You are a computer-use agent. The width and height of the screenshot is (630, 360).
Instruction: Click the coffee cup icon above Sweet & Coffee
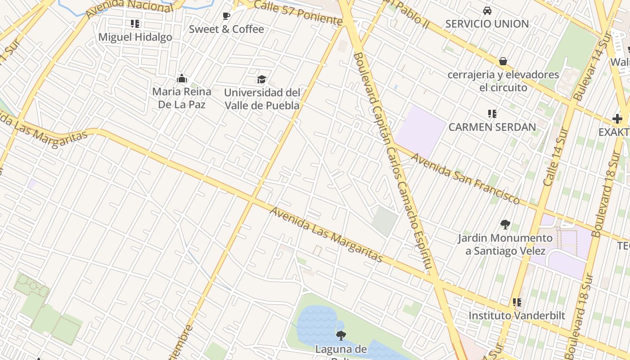point(226,16)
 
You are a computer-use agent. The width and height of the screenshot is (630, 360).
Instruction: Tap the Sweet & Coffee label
point(226,29)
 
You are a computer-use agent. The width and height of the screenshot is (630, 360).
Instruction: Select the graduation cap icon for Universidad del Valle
point(261,80)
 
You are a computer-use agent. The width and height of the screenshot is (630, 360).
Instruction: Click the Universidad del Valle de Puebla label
point(262,99)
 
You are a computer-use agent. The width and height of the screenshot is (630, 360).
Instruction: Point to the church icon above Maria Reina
point(182,79)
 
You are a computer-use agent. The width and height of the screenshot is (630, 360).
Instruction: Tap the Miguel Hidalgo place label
point(135,37)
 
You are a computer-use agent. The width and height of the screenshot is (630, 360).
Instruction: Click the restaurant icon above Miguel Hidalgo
point(135,23)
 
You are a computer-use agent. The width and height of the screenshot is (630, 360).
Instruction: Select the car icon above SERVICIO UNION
point(487,11)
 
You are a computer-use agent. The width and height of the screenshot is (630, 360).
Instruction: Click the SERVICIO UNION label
point(487,24)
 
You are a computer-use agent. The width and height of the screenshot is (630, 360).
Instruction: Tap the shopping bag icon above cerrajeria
point(503,61)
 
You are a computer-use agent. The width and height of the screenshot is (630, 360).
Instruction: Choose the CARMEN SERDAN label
point(492,127)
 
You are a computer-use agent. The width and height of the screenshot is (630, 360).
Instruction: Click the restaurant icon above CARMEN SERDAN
point(492,114)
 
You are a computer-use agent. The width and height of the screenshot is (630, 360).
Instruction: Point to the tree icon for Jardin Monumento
point(505,224)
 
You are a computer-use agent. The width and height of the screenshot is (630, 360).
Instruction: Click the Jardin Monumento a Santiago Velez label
point(505,244)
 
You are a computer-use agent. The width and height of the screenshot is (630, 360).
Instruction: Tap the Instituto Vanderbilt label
point(517,315)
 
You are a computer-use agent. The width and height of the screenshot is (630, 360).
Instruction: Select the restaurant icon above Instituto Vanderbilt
point(517,302)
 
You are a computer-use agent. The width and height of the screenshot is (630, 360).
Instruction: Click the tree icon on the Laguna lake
point(341,335)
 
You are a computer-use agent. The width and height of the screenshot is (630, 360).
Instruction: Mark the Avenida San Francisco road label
point(465,178)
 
